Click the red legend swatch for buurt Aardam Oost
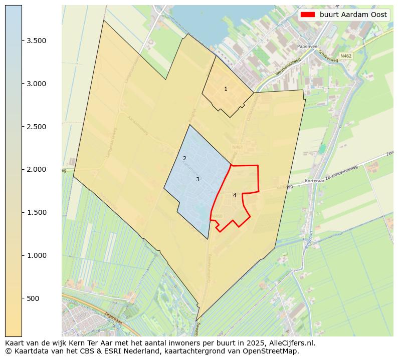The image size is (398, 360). point(308,15)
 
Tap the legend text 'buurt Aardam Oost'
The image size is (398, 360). point(353,15)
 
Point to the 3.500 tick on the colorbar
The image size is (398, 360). point(37,41)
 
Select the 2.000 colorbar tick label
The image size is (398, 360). point(37,169)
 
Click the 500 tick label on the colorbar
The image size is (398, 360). point(33,298)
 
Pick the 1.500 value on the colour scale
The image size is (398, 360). point(37,212)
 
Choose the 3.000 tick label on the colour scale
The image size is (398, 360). point(37,84)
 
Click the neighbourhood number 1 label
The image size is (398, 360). point(226,89)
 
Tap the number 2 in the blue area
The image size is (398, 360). point(184,159)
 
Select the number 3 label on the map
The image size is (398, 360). point(197,179)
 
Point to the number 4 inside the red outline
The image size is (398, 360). point(235,195)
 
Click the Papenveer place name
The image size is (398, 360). point(308,46)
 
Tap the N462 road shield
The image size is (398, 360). point(345,56)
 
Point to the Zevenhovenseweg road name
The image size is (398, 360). point(342,173)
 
